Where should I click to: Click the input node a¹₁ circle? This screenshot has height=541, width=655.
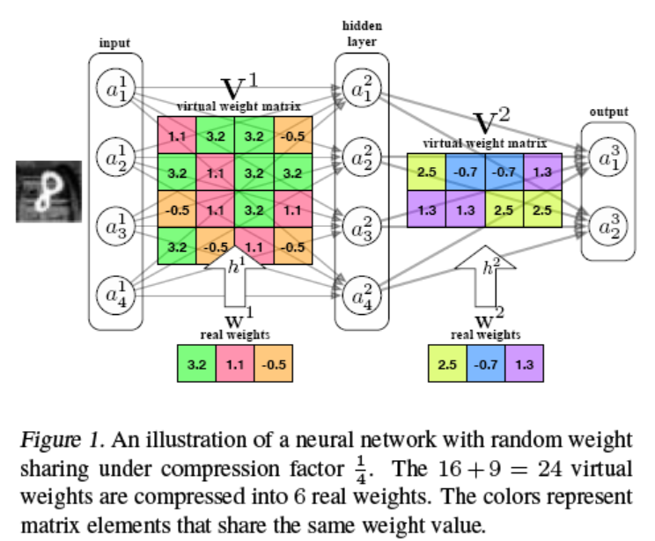point(116,89)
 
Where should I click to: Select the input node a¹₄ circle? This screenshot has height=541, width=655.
point(116,296)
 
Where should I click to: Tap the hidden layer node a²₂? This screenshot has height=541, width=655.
point(361,158)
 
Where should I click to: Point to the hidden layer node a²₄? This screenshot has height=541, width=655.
point(361,296)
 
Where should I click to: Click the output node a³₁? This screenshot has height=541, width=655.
point(608,159)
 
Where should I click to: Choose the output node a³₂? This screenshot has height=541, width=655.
point(608,227)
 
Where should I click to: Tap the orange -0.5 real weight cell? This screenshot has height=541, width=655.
point(274,363)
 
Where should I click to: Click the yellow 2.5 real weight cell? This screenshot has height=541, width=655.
point(446,363)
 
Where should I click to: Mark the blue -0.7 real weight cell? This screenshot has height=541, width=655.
point(485,363)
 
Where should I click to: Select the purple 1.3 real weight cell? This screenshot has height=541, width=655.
point(524,363)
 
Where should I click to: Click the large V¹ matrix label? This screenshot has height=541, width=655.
point(239,88)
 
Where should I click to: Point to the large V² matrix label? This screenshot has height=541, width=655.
point(491,121)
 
